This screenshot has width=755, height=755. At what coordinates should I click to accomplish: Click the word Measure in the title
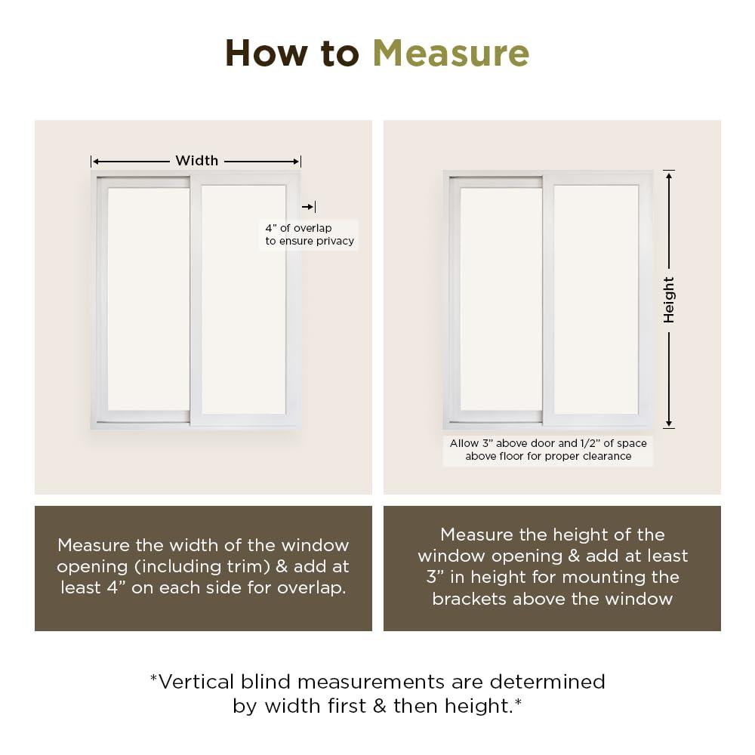point(451,54)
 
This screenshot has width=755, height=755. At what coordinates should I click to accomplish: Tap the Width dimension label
point(196,161)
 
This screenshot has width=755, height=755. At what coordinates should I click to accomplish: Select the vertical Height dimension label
point(669,300)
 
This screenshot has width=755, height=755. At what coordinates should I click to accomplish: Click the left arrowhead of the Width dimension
point(95,161)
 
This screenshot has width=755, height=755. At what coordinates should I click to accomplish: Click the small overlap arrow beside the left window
point(308,207)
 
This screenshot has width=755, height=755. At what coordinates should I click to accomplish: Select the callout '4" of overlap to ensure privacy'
point(309,235)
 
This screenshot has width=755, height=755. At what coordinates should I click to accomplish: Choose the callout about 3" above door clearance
point(548,450)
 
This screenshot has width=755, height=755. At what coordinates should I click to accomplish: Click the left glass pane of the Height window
point(501,298)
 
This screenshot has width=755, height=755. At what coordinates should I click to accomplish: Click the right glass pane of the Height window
point(596,298)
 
